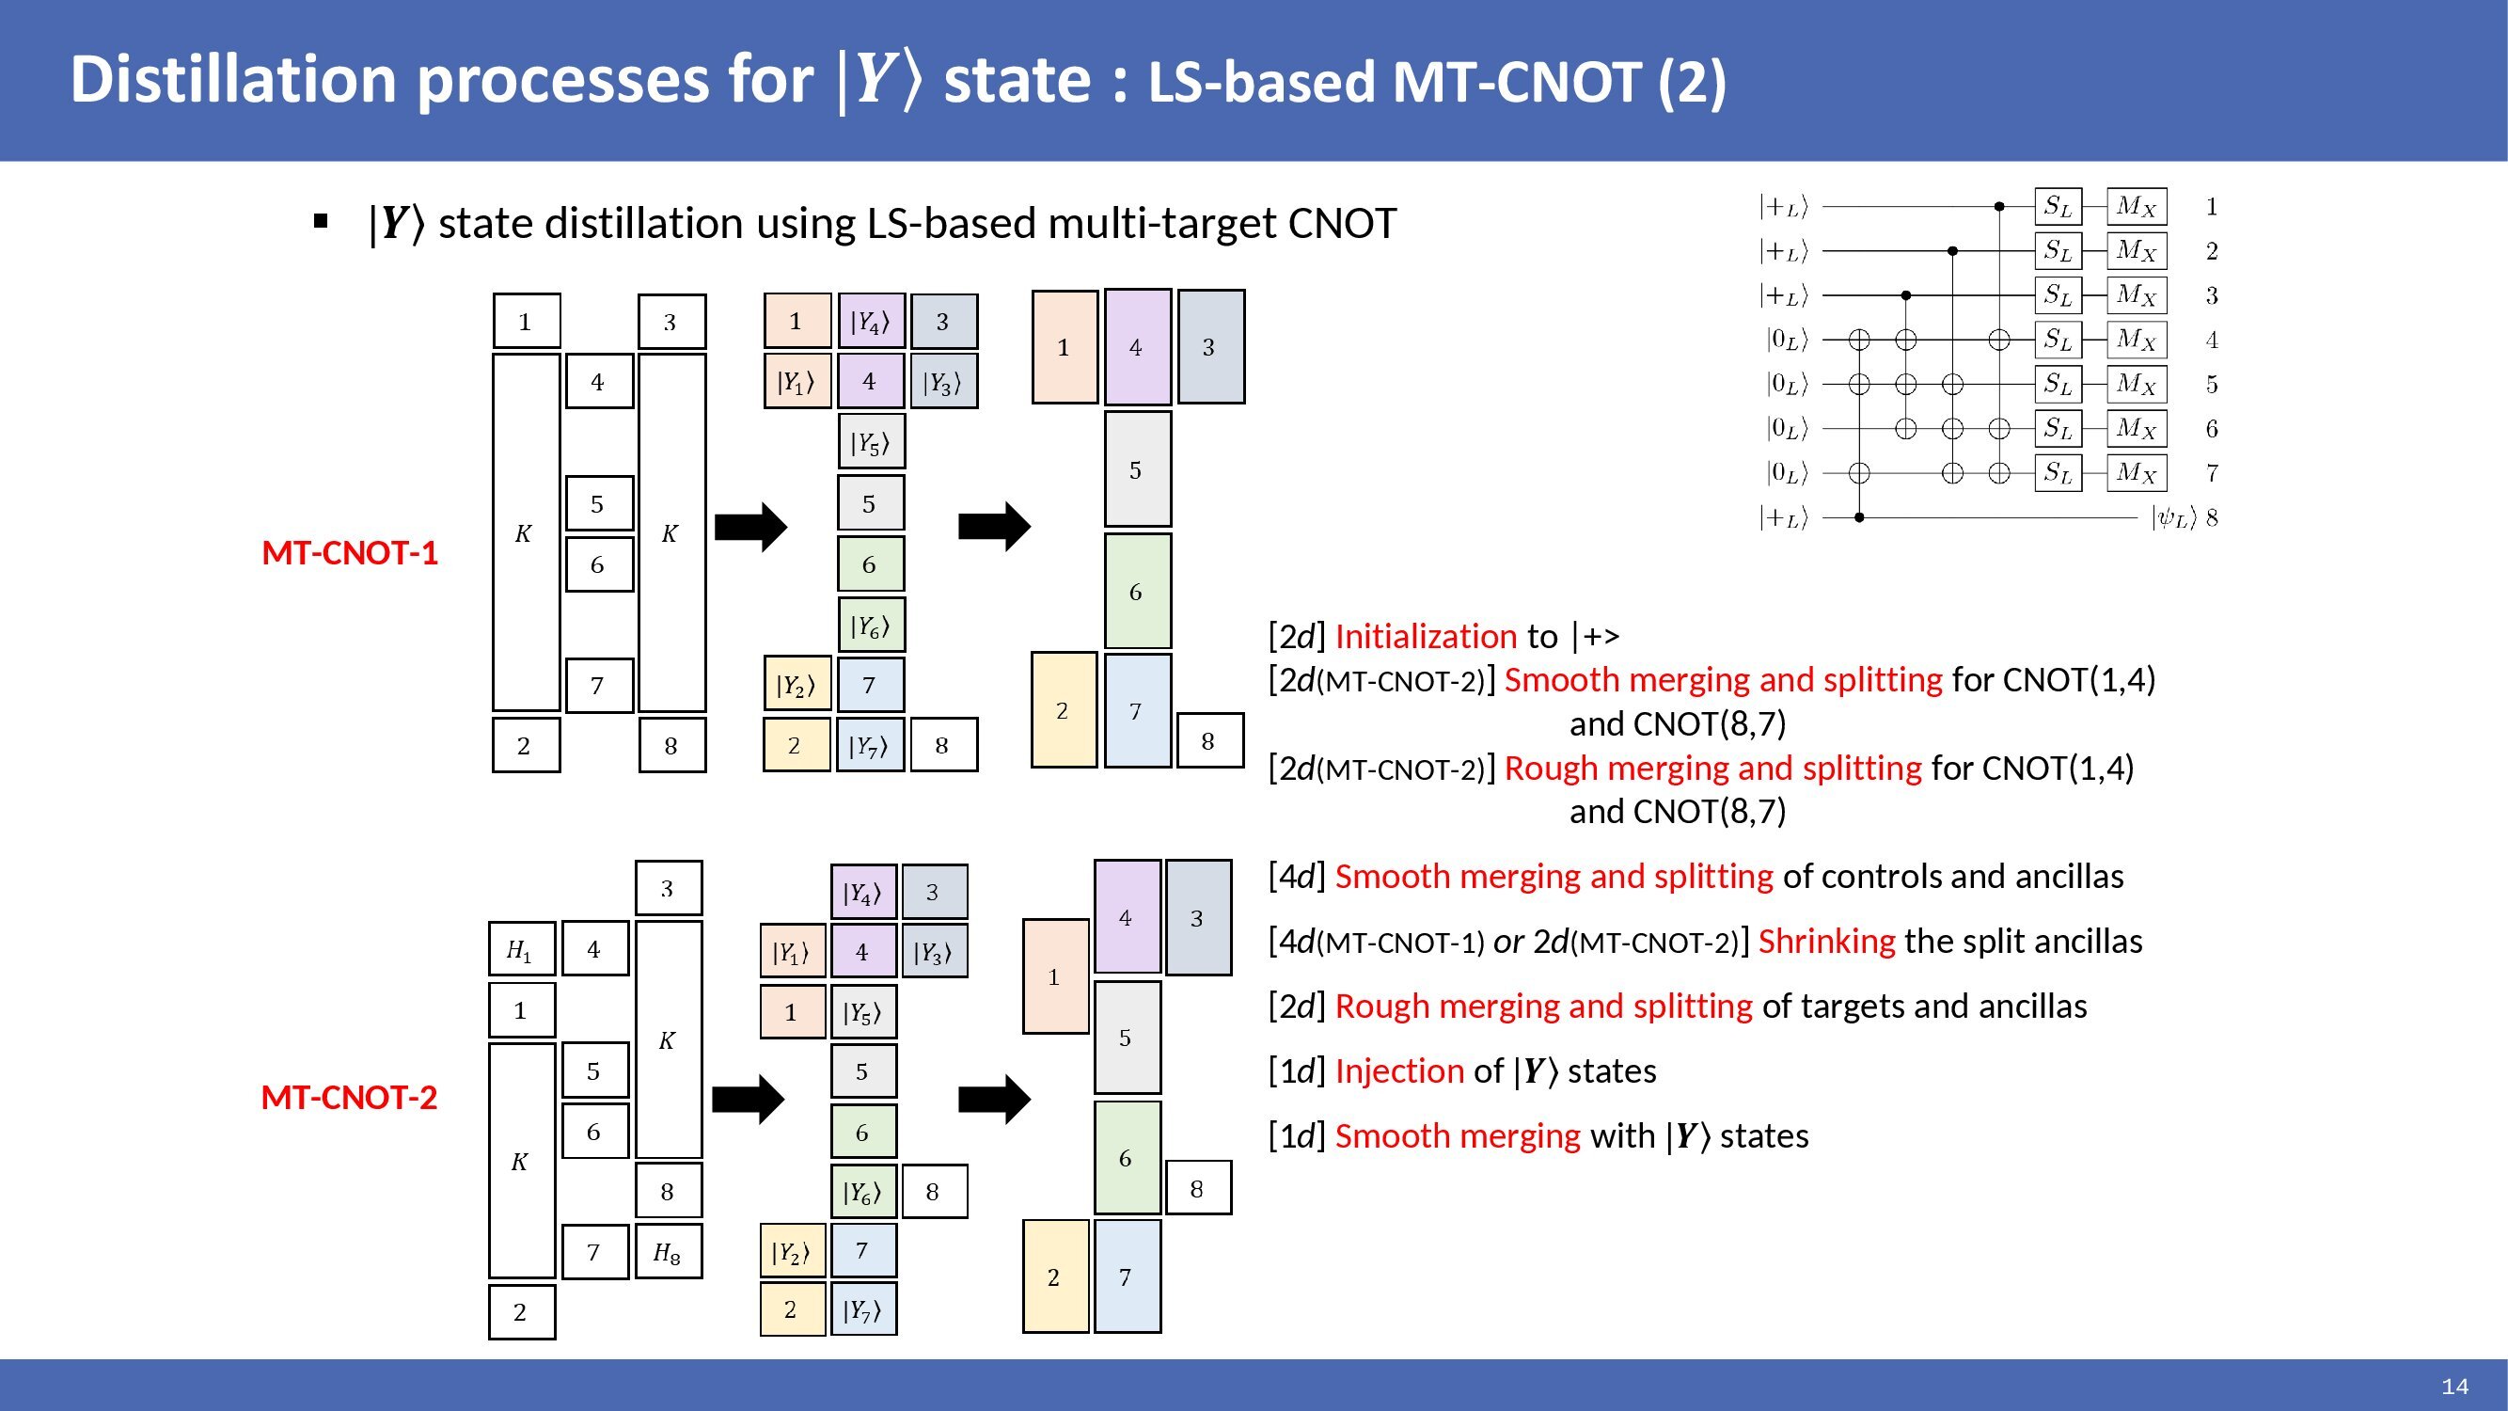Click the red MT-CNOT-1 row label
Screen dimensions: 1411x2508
[350, 553]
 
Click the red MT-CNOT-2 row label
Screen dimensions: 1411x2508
[349, 1098]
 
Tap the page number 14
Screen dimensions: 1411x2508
[2454, 1386]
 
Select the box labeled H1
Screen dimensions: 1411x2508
[521, 949]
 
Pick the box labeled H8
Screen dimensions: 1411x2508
[668, 1251]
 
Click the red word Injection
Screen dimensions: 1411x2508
[1398, 1071]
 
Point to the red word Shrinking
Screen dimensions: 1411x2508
[1826, 942]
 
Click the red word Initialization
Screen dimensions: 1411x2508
[1426, 637]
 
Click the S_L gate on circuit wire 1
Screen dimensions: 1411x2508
[2058, 206]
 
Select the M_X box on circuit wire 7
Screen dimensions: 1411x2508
[2137, 473]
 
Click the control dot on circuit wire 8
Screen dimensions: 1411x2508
[1858, 518]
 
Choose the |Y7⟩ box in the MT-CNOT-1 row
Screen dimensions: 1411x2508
[870, 746]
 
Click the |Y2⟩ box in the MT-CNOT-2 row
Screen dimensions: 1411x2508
[792, 1252]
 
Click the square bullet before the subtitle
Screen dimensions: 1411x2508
[322, 222]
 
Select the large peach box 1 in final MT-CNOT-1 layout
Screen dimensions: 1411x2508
[1065, 348]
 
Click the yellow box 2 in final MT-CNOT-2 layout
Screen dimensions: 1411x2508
[1054, 1276]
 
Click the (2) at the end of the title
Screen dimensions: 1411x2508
[1692, 82]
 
